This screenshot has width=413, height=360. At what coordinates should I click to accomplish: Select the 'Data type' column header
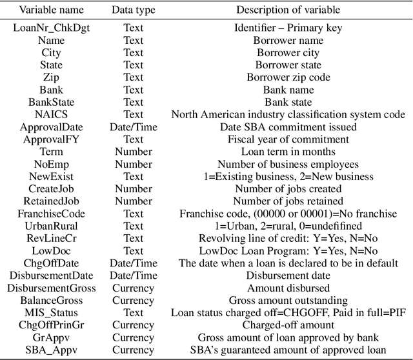tap(133, 10)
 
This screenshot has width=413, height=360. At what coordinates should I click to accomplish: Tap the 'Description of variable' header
tap(287, 10)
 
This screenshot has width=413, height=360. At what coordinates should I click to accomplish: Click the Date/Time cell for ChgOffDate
tap(133, 263)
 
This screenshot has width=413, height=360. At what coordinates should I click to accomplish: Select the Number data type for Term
tap(133, 152)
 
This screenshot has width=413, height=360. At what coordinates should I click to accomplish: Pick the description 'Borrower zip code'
tap(287, 77)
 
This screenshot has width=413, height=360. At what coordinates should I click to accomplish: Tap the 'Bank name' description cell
tap(287, 90)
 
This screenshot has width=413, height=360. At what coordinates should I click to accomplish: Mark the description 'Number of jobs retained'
tap(287, 201)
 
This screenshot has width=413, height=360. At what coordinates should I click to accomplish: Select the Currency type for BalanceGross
tap(133, 300)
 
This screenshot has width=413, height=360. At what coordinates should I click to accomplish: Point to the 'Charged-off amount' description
tap(287, 325)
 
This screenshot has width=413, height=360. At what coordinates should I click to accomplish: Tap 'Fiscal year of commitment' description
tap(287, 139)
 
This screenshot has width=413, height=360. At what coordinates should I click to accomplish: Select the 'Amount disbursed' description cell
tap(287, 288)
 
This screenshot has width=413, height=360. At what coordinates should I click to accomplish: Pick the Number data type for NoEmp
tap(133, 164)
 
